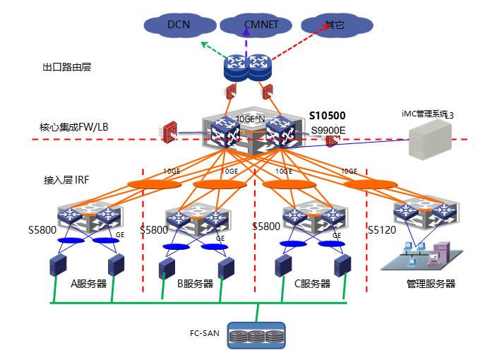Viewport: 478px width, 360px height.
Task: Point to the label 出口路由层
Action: pos(66,68)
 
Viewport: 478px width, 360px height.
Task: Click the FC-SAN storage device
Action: pos(258,337)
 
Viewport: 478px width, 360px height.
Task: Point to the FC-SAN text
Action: pos(205,332)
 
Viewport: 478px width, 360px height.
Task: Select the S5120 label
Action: pos(381,229)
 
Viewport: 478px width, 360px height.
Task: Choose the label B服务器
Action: pos(195,284)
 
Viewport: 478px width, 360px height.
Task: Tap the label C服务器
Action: pos(312,284)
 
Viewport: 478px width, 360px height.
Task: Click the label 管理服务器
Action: pos(431,284)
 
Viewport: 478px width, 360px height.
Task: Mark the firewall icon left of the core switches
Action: pos(169,132)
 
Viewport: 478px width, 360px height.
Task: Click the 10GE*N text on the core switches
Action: pos(250,119)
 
